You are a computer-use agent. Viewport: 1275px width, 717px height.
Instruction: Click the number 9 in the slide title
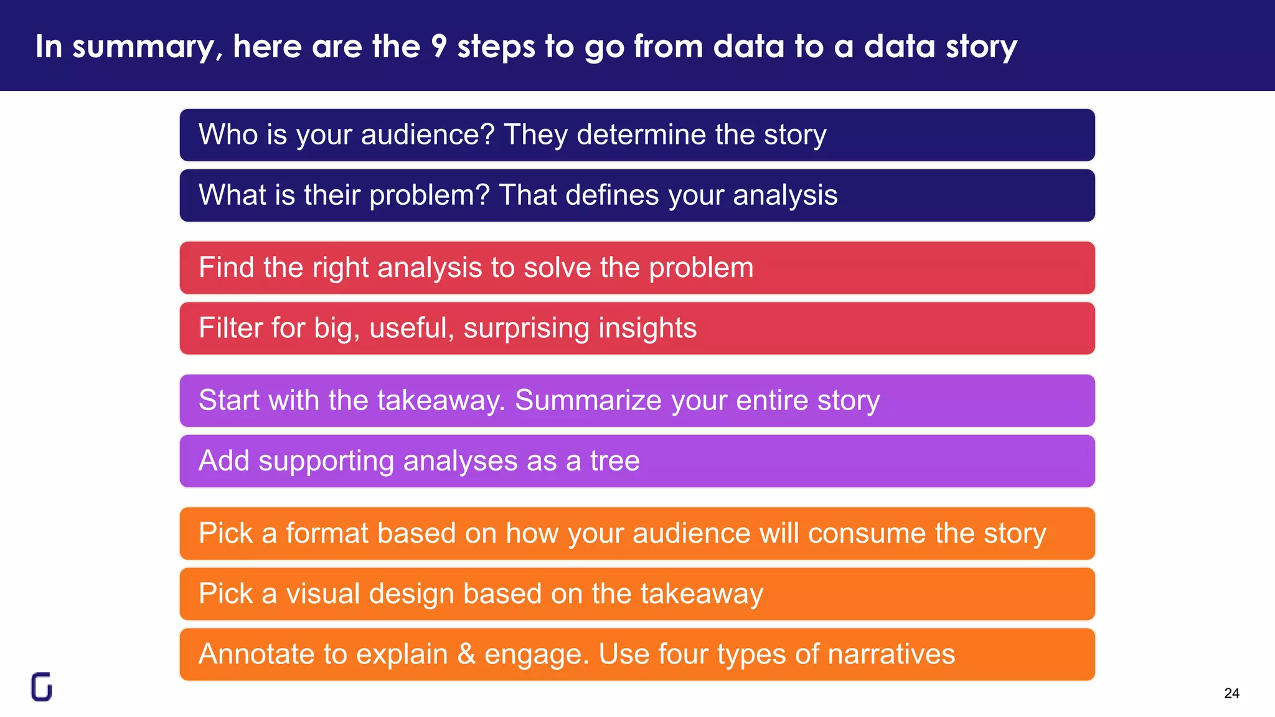pos(439,47)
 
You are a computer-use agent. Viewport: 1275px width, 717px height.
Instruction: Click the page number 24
pos(1231,693)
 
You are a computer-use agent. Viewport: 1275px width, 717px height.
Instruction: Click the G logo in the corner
pos(42,687)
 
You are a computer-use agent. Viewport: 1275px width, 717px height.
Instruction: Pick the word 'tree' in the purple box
pos(614,461)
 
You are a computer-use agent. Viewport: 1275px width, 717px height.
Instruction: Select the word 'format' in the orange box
pos(327,533)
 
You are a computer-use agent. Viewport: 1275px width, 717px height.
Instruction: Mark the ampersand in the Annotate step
pos(466,654)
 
